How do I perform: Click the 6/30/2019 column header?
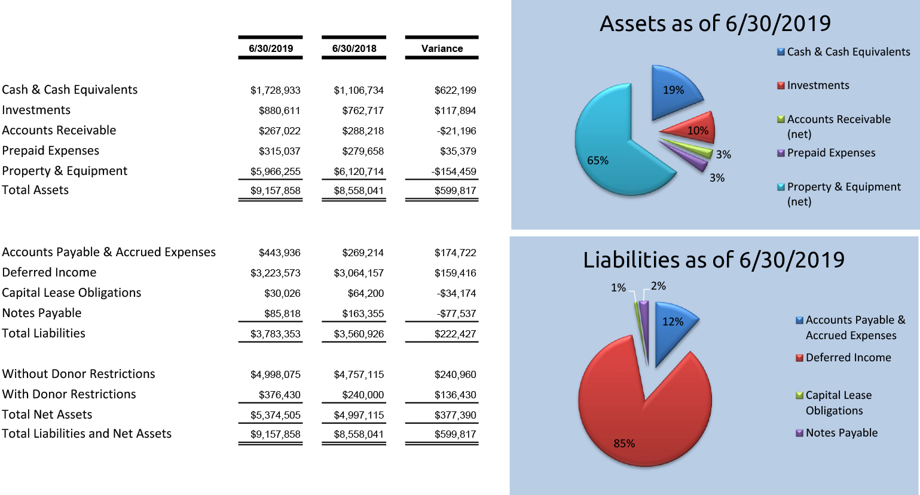[271, 48]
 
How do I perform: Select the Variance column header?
[442, 48]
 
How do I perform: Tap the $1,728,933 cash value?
[275, 90]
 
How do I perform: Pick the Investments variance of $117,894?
[455, 110]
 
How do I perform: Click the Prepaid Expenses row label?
[51, 150]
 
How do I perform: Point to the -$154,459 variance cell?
[454, 171]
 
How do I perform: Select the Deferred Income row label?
[49, 272]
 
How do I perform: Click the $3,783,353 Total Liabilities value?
[275, 334]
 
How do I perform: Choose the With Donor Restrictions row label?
[69, 394]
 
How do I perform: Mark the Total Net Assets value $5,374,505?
[275, 415]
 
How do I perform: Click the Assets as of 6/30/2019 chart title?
[715, 23]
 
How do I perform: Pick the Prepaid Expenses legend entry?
[831, 153]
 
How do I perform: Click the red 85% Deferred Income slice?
[640, 418]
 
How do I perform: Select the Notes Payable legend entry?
[841, 433]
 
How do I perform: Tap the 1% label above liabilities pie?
[618, 288]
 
